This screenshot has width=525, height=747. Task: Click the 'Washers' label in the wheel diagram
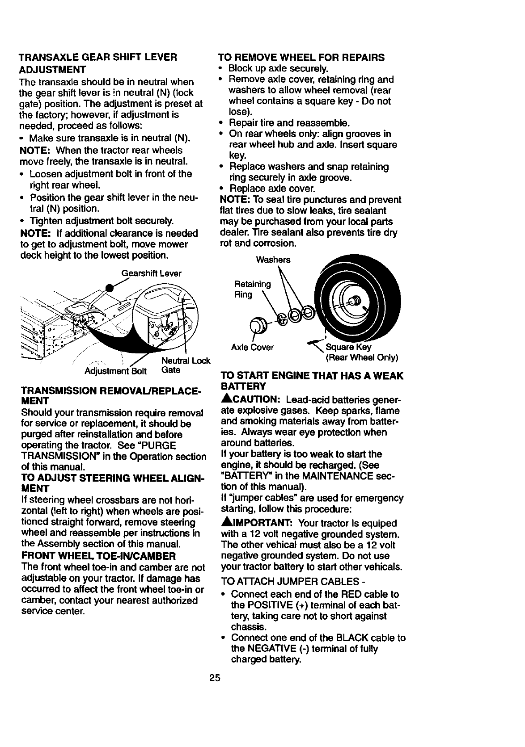[x=273, y=260]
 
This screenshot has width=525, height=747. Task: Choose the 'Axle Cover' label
[x=252, y=347]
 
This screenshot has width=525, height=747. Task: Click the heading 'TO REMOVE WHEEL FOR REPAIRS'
[x=301, y=58]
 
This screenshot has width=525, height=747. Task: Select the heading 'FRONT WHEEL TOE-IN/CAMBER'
[x=98, y=556]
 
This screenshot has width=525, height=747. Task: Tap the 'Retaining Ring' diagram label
[x=252, y=290]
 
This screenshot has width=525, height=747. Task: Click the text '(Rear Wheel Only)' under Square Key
[x=361, y=358]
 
